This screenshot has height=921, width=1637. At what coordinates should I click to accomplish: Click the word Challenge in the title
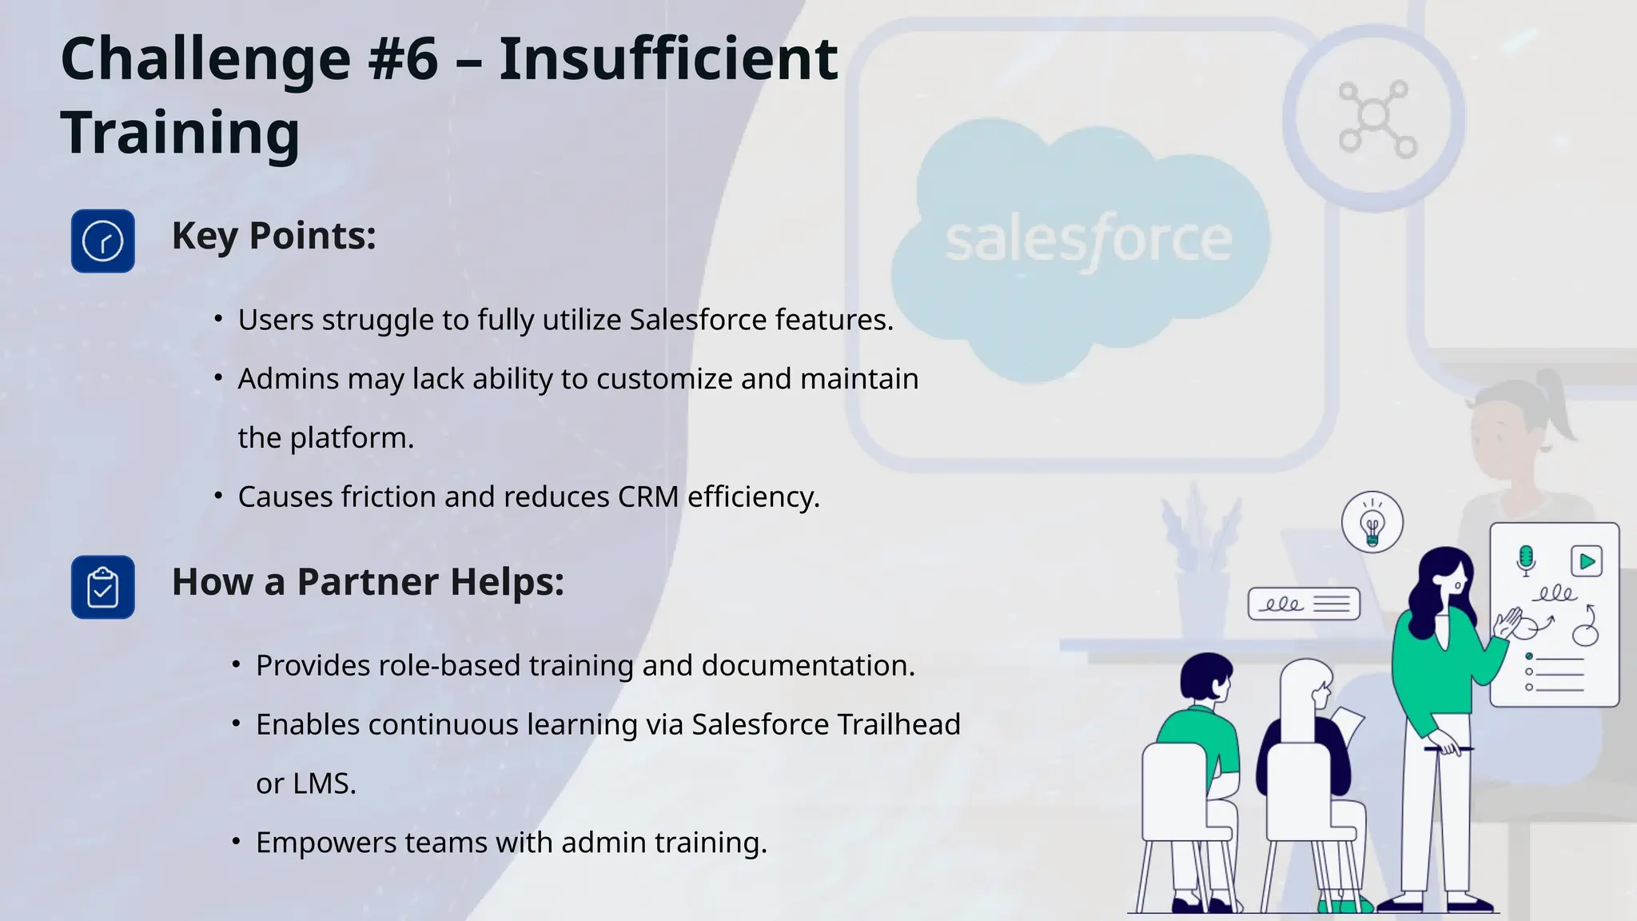click(x=205, y=61)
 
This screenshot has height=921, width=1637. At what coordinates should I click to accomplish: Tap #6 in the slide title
click(x=404, y=59)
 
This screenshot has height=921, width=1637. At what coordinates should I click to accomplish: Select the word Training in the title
click(x=180, y=133)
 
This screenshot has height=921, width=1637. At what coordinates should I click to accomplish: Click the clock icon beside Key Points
click(x=103, y=241)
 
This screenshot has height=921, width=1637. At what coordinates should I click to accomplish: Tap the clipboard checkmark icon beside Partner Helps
click(x=103, y=588)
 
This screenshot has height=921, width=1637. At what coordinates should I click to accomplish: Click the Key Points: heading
click(x=273, y=236)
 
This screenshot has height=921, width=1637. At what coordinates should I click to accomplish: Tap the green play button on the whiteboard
click(x=1587, y=561)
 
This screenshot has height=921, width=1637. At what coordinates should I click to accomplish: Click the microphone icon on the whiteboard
click(x=1526, y=560)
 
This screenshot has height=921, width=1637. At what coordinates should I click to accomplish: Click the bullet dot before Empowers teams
click(x=236, y=841)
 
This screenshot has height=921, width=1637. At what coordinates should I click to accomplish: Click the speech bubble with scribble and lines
click(x=1304, y=604)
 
